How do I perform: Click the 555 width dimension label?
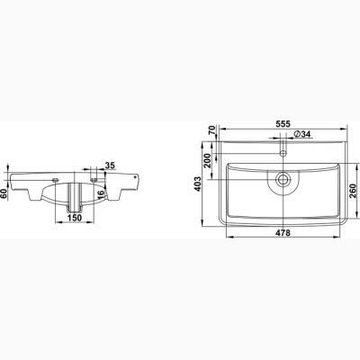pyautogui.click(x=283, y=123)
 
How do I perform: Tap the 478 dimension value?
pyautogui.click(x=283, y=232)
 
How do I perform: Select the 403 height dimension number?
pyautogui.click(x=197, y=184)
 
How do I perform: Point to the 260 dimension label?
pyautogui.click(x=352, y=191)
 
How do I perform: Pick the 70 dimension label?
pyautogui.click(x=212, y=130)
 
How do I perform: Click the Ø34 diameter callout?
pyautogui.click(x=301, y=134)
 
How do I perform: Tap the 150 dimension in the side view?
pyautogui.click(x=74, y=218)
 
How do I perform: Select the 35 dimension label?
pyautogui.click(x=110, y=165)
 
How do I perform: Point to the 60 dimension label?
pyautogui.click(x=4, y=193)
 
